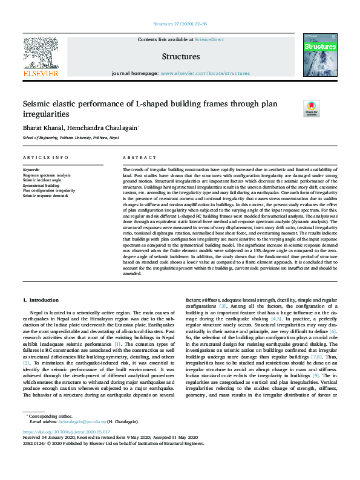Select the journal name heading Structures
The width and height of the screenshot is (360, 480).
180,57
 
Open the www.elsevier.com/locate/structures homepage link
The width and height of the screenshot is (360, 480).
205,73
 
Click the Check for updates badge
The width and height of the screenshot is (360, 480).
311,108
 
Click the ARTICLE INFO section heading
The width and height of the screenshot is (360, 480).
45,158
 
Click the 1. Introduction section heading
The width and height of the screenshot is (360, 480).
41,300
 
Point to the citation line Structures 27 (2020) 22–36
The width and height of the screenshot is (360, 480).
180,24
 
